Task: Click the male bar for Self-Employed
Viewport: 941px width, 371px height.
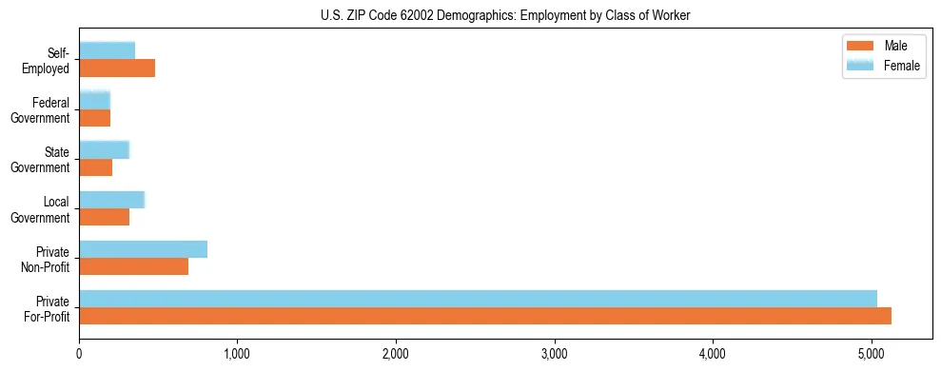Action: (x=117, y=68)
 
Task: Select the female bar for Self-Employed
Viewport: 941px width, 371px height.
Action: (x=107, y=50)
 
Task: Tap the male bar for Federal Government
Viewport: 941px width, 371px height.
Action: (x=95, y=118)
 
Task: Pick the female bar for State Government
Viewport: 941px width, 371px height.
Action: (x=104, y=149)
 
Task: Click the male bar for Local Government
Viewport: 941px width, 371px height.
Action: (x=105, y=217)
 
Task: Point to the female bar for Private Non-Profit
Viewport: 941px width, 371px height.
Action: (x=143, y=249)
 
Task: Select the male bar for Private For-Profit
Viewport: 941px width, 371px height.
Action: (x=485, y=316)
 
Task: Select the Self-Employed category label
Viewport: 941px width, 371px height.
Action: (x=49, y=60)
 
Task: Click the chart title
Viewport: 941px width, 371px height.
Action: (x=505, y=14)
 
